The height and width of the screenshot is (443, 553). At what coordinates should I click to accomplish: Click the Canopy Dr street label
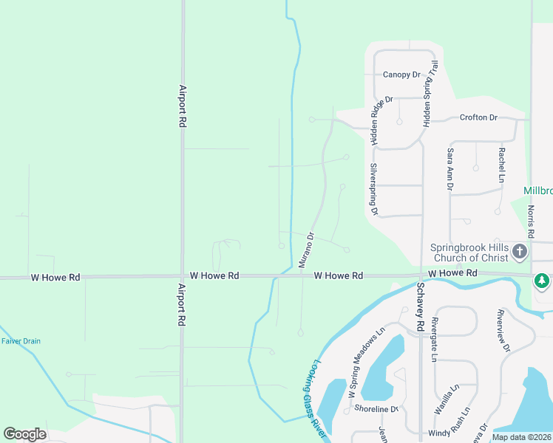[401, 75]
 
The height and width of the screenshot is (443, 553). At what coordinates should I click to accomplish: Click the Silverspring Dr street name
[374, 189]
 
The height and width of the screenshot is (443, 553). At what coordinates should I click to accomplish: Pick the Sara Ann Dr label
[449, 168]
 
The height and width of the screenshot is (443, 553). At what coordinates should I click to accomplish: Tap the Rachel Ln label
[501, 165]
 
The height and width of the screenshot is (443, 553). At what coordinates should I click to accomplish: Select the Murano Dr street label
[306, 250]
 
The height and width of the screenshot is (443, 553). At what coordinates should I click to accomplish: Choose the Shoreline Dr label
[376, 409]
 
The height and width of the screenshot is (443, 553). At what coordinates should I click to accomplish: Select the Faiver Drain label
[21, 341]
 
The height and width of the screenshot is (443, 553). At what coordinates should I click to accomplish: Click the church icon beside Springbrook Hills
[520, 252]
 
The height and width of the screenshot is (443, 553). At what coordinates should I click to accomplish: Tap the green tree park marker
[542, 281]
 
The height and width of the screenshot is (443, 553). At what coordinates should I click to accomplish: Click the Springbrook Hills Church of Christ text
[470, 253]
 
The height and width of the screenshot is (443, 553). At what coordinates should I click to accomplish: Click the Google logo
[24, 434]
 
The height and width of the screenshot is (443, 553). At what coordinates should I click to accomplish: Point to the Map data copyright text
[522, 437]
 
